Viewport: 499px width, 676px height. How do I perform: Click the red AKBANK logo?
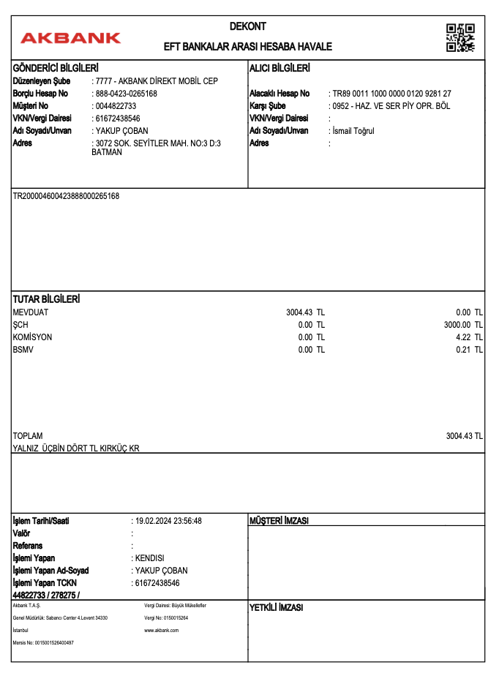pos(71,37)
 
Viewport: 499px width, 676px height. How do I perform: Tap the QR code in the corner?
pos(460,37)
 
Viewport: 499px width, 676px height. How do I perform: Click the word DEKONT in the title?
pos(248,26)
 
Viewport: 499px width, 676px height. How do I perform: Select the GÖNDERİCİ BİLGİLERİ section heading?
pos(56,68)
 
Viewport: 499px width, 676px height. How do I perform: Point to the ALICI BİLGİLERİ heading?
pos(280,68)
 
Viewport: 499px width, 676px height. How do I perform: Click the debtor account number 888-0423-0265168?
pos(126,94)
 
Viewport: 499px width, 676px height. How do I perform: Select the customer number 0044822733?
pos(116,106)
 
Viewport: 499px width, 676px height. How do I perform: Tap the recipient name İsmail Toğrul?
pos(353,131)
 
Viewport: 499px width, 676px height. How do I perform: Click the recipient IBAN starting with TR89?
pos(391,94)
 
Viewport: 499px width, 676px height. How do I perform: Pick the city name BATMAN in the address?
pos(107,152)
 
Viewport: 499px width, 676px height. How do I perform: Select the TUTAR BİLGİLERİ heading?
pos(47,300)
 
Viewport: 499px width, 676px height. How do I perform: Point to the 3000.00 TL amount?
pos(463,325)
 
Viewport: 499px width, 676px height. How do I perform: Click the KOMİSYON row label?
pos(33,337)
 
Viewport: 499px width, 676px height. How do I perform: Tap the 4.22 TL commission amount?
pos(469,337)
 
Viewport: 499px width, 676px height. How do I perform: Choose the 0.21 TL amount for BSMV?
pos(469,350)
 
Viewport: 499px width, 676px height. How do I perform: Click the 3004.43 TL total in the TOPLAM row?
pos(465,436)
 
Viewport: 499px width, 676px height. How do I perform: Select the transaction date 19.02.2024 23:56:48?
pos(168,521)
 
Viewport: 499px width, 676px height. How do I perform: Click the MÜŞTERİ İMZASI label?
pos(279,521)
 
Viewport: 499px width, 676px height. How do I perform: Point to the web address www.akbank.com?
pos(162,630)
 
